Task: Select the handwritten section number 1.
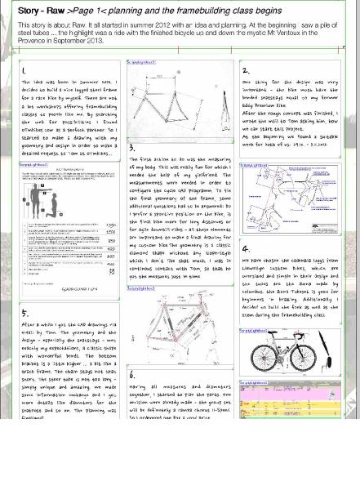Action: (24, 71)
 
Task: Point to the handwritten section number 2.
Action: (245, 71)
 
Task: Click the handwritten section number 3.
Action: (132, 148)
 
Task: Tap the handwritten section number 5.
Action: (24, 313)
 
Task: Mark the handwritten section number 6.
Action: (132, 375)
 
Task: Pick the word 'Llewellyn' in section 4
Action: (259, 269)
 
